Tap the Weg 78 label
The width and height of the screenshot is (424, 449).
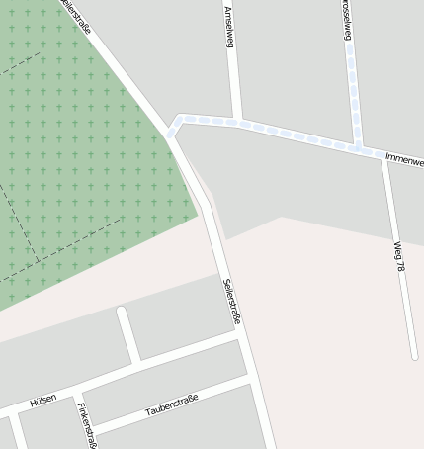398,255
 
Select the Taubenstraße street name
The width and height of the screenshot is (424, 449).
172,404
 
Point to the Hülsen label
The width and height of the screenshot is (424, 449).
42,400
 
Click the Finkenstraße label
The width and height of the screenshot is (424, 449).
86,425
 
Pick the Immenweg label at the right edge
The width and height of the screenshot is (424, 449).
404,159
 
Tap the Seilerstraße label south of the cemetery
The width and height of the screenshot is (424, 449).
231,301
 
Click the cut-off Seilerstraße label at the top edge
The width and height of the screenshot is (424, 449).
76,16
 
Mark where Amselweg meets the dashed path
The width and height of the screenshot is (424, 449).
237,122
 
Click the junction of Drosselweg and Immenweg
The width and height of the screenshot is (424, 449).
358,146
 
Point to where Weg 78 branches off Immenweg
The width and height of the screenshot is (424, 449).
383,156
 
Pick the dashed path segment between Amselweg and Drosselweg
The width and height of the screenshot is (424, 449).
297,135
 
